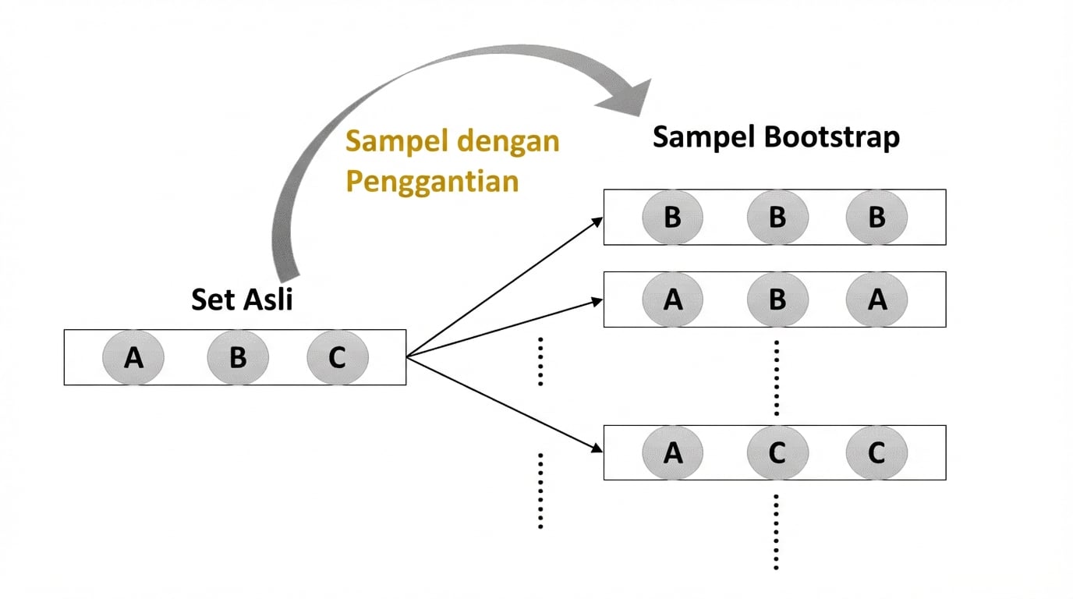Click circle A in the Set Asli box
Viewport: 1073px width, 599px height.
[133, 357]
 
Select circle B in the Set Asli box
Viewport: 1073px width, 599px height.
[238, 357]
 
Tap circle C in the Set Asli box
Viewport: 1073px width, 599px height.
[337, 357]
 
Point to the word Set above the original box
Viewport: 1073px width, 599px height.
[211, 299]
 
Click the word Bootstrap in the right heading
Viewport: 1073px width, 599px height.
[832, 137]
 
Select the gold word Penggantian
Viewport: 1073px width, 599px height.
[432, 181]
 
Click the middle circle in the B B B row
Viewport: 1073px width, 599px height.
[777, 217]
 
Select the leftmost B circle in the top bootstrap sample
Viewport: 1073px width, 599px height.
[672, 217]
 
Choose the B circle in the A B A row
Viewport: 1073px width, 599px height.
[777, 299]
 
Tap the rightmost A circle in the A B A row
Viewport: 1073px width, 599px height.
[876, 299]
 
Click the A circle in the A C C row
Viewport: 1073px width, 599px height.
[672, 452]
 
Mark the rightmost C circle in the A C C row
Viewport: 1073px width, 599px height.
[876, 452]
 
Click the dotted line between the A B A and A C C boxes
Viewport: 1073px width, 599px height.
[777, 377]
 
